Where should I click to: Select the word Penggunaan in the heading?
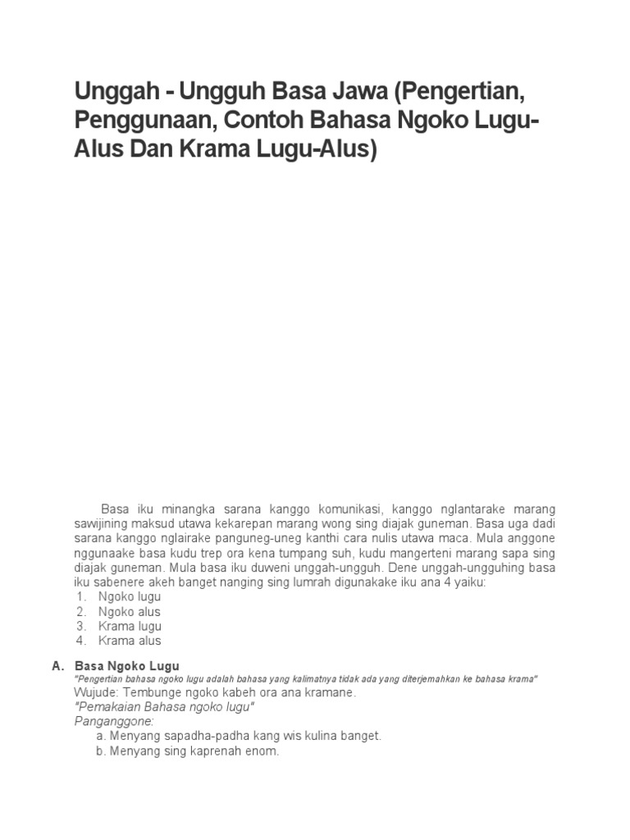point(144,121)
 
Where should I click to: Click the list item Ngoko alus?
point(130,612)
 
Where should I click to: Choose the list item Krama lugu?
point(130,627)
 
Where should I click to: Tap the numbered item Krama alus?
point(130,641)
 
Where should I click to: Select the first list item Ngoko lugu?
point(130,597)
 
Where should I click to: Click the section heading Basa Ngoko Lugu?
point(126,665)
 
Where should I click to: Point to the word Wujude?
point(95,693)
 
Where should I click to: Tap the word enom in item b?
point(264,751)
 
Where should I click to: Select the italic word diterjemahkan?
point(420,679)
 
